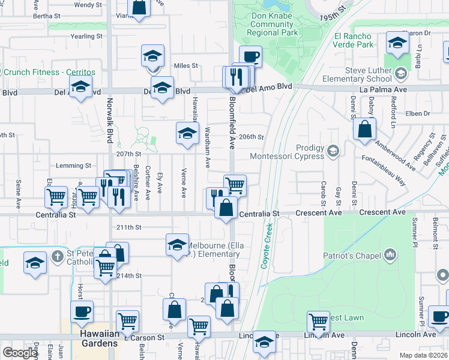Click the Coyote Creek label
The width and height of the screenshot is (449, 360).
coord(267,246)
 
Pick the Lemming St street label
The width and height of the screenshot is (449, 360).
coord(73,166)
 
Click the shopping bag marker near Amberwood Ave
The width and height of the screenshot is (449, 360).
coord(364,129)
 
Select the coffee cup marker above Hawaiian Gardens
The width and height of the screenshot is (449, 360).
coord(82,311)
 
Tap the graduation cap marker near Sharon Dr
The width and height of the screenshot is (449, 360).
coord(397,43)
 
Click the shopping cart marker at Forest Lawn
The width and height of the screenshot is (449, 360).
coord(318,322)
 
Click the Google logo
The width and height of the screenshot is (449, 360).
coord(20,353)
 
